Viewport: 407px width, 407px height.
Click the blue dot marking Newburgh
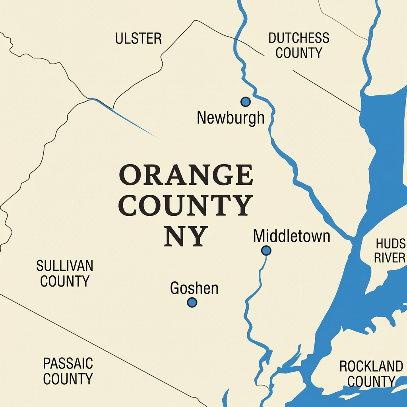(246, 102)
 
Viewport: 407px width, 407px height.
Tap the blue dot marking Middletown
(266, 250)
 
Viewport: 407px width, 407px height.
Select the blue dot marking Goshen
(192, 302)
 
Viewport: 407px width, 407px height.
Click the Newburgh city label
(231, 118)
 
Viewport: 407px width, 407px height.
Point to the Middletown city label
(291, 236)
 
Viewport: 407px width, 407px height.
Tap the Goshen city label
(194, 288)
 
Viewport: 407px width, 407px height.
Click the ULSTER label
(138, 39)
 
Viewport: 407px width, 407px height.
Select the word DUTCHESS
(298, 38)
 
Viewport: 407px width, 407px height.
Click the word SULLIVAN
(64, 266)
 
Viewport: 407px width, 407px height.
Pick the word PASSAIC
(68, 363)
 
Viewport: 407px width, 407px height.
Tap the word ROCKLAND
(371, 366)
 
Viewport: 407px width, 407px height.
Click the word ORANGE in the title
(186, 176)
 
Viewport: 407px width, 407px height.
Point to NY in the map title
(186, 236)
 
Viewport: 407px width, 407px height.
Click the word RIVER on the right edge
(390, 258)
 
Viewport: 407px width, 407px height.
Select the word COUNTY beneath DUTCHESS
(298, 53)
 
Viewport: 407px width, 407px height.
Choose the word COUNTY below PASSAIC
(68, 379)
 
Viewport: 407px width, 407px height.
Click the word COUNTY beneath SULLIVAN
(65, 281)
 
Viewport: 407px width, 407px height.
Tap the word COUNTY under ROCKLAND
(371, 382)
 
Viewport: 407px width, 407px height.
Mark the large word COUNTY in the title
(186, 206)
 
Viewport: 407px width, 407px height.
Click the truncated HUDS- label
(391, 243)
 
